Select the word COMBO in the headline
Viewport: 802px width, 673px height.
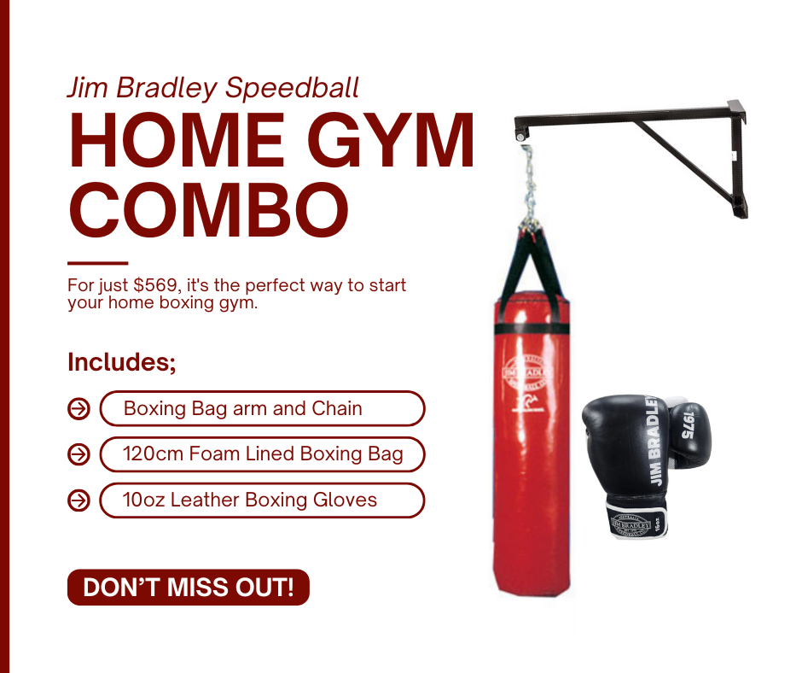pos(208,209)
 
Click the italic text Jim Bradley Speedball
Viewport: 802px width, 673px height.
pos(213,87)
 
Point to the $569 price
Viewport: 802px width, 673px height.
pos(154,285)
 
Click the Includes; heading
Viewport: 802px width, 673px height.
pos(122,362)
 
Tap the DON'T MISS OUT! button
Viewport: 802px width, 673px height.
pos(188,588)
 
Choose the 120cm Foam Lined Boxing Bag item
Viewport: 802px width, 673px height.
pos(262,454)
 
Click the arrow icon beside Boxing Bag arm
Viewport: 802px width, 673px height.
pos(78,409)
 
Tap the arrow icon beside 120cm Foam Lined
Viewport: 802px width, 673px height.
pos(78,454)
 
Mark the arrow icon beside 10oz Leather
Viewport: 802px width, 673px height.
pos(78,500)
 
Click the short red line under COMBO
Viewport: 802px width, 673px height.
pos(97,263)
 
